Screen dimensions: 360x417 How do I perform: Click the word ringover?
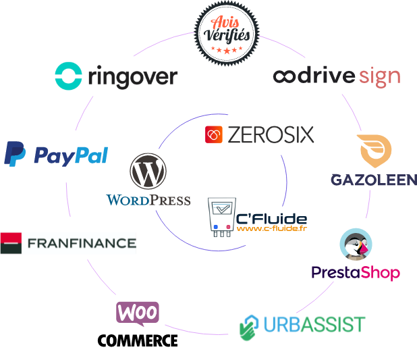pos(132,77)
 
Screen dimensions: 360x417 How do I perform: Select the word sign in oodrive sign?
pos(379,76)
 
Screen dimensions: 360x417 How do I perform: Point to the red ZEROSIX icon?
pos(213,134)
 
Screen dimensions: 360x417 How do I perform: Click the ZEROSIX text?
pos(271,135)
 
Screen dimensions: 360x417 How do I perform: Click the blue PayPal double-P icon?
pos(15,154)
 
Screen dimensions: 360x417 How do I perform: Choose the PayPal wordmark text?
pos(71,156)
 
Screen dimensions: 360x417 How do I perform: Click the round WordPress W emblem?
pos(148,172)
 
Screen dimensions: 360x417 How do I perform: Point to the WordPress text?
pos(148,201)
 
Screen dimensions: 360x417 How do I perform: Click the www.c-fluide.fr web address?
pos(271,228)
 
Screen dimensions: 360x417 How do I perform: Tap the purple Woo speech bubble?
pos(139,313)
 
